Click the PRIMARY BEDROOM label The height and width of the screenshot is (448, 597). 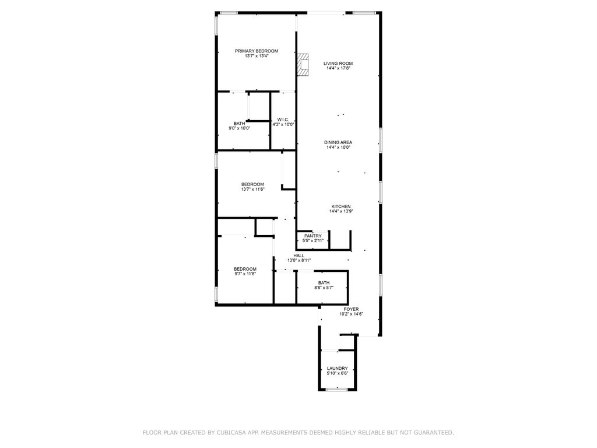coord(257,51)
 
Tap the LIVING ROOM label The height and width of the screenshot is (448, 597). coord(338,64)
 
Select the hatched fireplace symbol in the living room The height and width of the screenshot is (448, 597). coord(303,65)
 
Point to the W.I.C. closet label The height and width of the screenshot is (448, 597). coord(283,120)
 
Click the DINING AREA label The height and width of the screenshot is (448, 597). coord(338,142)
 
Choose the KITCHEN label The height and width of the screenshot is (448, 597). coord(341,206)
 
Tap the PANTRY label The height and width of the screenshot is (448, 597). coord(312,236)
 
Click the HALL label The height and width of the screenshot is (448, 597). coord(299,256)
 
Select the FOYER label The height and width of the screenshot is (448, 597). coord(351,309)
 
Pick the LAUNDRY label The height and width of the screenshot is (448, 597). coord(338,368)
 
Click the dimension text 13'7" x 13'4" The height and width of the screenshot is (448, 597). coord(257,57)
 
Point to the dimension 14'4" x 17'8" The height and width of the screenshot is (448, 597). coord(338,69)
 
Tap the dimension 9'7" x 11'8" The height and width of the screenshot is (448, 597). coord(245,274)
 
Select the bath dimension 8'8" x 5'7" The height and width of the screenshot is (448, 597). coord(324,288)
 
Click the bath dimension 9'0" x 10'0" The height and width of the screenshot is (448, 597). coord(240,128)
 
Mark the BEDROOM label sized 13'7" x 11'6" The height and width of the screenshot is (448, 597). coord(252,184)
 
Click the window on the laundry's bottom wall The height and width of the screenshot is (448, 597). coord(337,389)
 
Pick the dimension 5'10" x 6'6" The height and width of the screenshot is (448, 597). coord(338,373)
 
